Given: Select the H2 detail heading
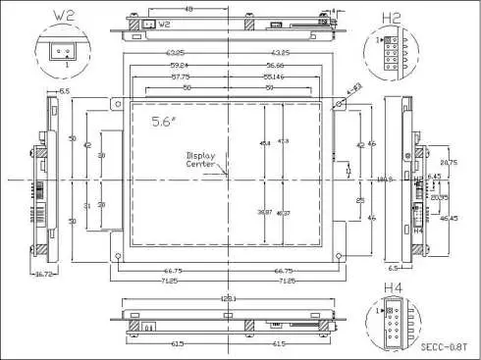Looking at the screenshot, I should point(391,17).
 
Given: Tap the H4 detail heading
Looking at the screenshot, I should point(391,287).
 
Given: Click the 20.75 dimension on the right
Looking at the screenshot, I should point(449,162).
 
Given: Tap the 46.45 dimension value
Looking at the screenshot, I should point(449,218).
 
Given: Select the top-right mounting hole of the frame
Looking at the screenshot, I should point(336,100).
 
